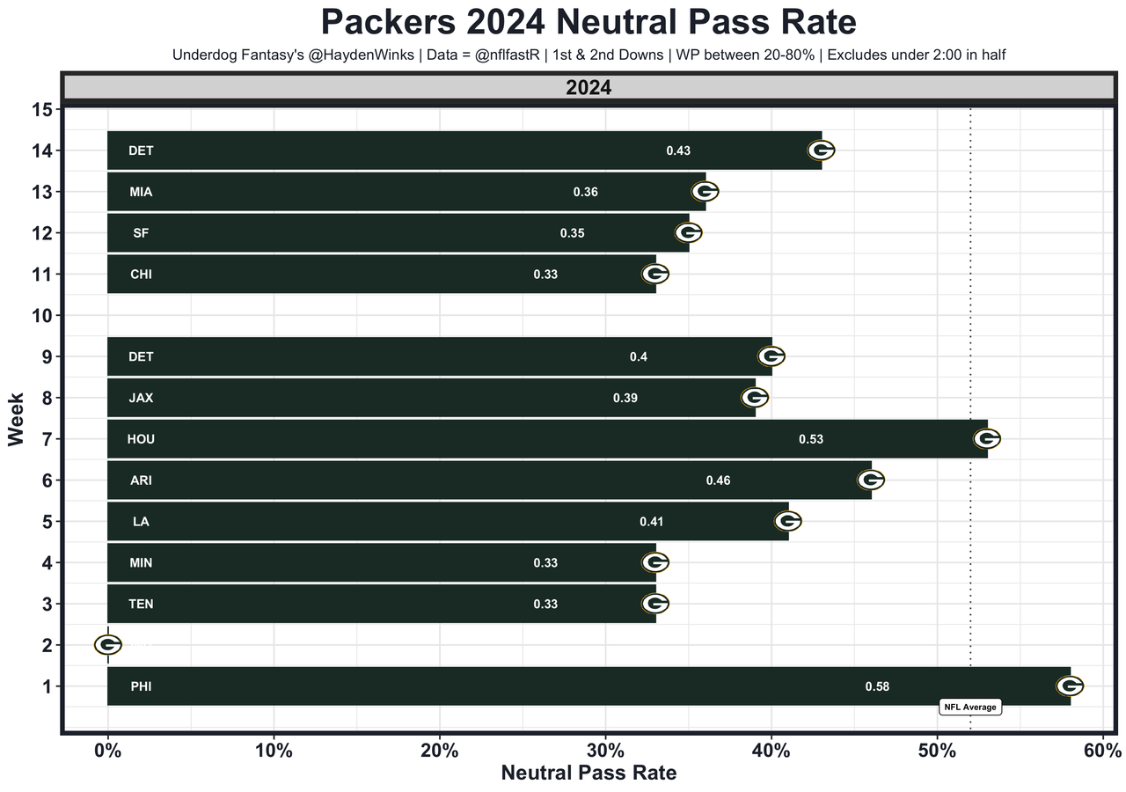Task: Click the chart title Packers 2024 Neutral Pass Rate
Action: click(x=563, y=22)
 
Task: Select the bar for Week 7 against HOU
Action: click(x=545, y=439)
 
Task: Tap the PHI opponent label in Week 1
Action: click(x=141, y=686)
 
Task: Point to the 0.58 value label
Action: click(x=877, y=686)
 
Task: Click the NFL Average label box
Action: click(x=970, y=707)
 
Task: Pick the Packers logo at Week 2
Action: click(x=107, y=645)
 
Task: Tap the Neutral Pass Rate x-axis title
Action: click(x=589, y=774)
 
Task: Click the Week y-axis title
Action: click(x=16, y=419)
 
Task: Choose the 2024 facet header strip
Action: click(x=589, y=88)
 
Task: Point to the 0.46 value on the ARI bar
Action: click(x=718, y=480)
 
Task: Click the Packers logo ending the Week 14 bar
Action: click(x=821, y=150)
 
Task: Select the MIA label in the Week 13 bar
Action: click(x=141, y=192)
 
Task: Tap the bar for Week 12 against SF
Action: click(x=396, y=233)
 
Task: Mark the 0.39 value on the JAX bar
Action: click(x=625, y=398)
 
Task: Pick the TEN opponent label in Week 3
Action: click(x=141, y=604)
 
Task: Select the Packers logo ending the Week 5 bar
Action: click(x=787, y=521)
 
